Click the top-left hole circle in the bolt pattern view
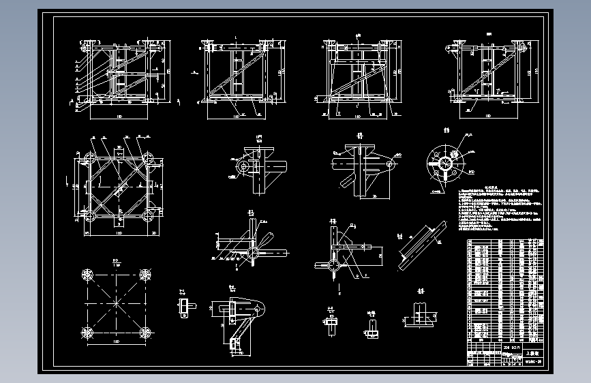pos(87,275)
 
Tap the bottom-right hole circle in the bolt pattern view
pos(145,333)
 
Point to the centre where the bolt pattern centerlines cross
pos(117,303)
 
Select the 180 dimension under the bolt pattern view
pos(117,341)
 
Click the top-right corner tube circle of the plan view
pos(147,160)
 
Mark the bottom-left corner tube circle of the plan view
pos(89,217)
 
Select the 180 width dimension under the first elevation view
pos(120,117)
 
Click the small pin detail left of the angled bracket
pos(184,307)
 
